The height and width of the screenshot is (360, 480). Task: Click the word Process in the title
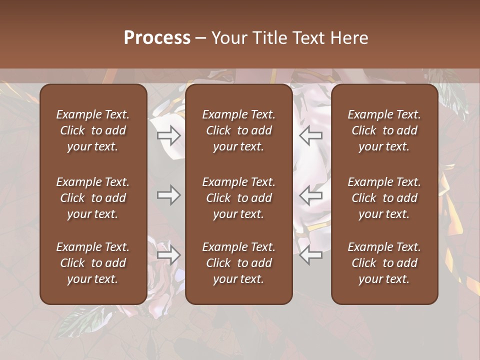tap(157, 38)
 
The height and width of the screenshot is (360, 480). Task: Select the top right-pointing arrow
tap(168, 135)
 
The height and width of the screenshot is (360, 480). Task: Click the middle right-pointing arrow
tap(168, 195)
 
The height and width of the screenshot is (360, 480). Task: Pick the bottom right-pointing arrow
tap(168, 255)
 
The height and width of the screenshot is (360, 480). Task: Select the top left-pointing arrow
tap(311, 135)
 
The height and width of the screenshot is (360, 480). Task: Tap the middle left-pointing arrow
tap(311, 195)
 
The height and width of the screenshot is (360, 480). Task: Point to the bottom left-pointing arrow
tap(311, 255)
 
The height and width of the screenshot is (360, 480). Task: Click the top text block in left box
tap(93, 130)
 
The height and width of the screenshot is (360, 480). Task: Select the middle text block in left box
tap(93, 198)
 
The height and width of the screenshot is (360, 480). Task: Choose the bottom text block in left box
tap(93, 263)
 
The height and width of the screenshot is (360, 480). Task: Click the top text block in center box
tap(239, 130)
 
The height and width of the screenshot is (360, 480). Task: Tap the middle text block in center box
tap(239, 198)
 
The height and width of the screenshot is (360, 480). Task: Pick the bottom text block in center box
tap(239, 263)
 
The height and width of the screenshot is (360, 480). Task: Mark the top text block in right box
tap(384, 130)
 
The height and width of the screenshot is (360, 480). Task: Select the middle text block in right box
tap(384, 198)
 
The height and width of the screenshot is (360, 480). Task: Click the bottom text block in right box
tap(384, 263)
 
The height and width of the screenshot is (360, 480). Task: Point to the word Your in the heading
tap(228, 38)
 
